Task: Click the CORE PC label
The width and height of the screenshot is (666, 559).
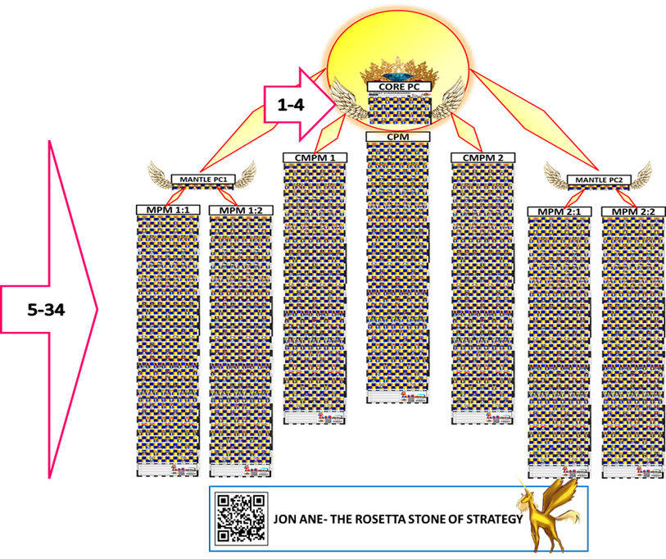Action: click(x=398, y=85)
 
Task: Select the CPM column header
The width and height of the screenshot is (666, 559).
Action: click(x=397, y=137)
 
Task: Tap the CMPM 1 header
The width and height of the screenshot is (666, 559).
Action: click(x=315, y=157)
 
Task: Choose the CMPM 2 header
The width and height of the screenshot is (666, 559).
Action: click(x=483, y=157)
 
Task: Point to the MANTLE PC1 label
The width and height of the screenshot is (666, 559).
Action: click(x=202, y=179)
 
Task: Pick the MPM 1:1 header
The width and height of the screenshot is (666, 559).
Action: click(x=167, y=211)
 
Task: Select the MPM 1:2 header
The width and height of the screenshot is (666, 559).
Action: click(x=241, y=211)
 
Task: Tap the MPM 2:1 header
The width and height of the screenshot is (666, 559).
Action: click(x=558, y=211)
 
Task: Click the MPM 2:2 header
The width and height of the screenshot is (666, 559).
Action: click(x=633, y=211)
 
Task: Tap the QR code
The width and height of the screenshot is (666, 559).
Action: click(x=240, y=518)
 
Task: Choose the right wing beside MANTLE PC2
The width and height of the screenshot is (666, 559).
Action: click(x=637, y=173)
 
